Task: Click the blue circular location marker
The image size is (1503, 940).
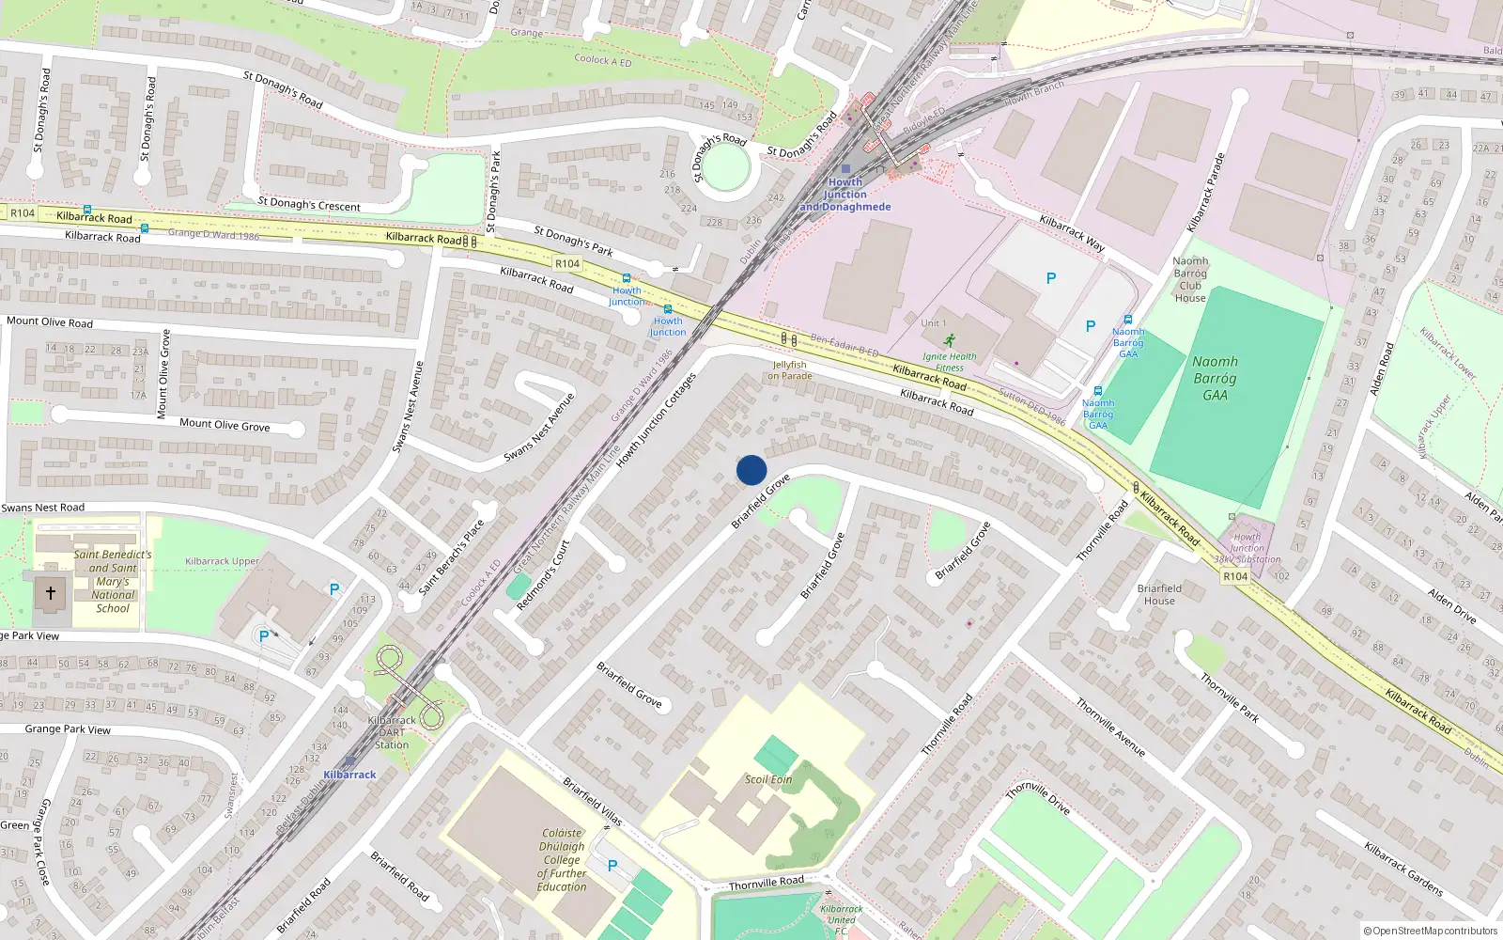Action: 751,470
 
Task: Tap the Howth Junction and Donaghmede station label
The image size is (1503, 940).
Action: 845,195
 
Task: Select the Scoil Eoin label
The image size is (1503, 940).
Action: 768,779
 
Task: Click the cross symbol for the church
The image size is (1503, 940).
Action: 51,593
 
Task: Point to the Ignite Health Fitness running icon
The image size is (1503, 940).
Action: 949,340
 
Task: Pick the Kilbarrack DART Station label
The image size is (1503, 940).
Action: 392,732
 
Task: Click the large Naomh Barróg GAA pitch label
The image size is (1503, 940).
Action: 1215,378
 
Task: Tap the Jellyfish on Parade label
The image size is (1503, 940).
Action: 789,370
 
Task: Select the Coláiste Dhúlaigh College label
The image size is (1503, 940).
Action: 562,860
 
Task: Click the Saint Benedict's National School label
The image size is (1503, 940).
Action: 113,581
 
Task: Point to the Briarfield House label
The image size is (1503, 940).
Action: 1159,594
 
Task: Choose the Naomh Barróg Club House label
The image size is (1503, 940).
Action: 1190,279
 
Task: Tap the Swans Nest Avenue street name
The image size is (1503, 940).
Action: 408,406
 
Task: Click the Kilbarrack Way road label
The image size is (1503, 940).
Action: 1072,233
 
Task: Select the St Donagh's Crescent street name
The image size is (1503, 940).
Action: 309,205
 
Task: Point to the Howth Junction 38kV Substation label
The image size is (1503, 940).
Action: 1247,549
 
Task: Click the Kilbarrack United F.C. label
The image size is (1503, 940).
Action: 842,919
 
